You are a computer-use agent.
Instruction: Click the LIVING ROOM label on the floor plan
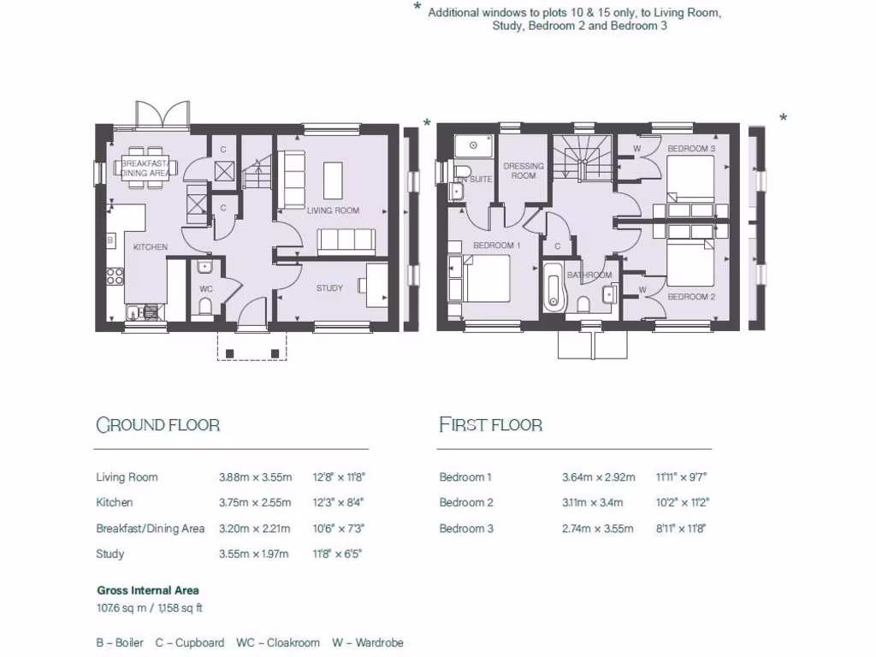pos(333,210)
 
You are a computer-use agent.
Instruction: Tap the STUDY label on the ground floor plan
pos(329,288)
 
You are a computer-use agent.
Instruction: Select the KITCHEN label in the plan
pos(150,247)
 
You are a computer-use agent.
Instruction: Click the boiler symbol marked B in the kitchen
pos(109,241)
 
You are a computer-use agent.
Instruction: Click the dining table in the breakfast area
pos(145,168)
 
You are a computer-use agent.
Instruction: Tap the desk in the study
pos(377,281)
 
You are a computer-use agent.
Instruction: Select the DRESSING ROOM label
pos(523,171)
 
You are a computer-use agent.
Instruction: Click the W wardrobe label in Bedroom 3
pos(637,149)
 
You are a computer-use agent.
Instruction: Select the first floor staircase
pos(579,158)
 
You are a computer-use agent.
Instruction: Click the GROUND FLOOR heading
pos(157,425)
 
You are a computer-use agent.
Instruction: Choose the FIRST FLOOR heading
pos(490,425)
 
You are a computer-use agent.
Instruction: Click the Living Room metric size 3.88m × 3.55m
pos(255,477)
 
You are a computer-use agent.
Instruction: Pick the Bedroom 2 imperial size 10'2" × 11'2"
pos(682,503)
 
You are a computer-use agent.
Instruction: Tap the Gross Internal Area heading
pos(148,590)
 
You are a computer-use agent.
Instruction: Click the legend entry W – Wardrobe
pos(368,642)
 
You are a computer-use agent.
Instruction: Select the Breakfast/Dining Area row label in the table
pos(150,529)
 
